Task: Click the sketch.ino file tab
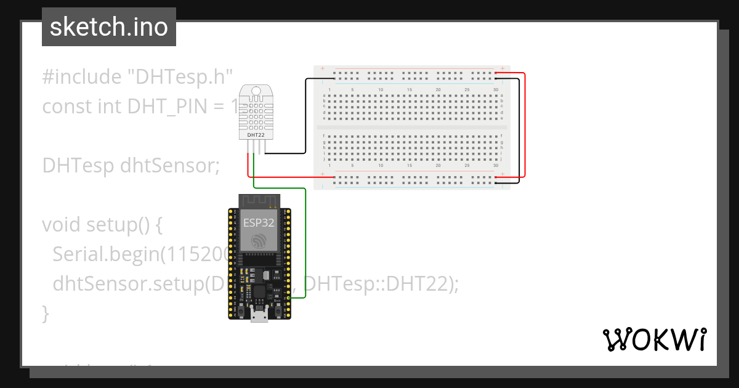108,27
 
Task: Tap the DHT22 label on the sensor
256,134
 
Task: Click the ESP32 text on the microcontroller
259,223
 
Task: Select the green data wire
306,246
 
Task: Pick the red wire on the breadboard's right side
525,123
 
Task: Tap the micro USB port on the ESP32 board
259,317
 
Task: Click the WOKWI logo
654,340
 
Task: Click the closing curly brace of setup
46,313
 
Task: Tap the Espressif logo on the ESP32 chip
259,240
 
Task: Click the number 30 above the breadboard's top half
496,90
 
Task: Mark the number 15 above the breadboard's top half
410,90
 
